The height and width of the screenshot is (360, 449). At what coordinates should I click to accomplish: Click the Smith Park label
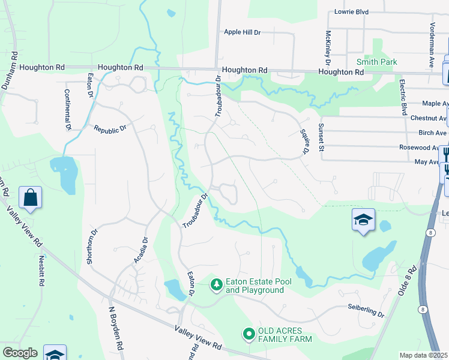(x=376, y=62)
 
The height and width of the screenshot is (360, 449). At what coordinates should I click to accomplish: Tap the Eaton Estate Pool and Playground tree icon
(x=216, y=285)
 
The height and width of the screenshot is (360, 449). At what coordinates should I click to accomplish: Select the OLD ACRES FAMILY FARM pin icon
(x=248, y=334)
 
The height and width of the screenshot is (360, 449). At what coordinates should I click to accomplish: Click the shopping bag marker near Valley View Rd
(x=30, y=197)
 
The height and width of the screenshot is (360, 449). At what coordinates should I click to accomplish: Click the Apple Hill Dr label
(x=243, y=32)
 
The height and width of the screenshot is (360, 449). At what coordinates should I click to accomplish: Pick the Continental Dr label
(x=68, y=110)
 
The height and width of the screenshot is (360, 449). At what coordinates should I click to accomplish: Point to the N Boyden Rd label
(x=116, y=329)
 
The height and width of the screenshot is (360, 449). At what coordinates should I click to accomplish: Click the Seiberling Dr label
(x=366, y=311)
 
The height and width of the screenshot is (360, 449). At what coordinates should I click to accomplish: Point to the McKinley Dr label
(x=328, y=48)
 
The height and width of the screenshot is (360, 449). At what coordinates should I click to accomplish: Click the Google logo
(x=20, y=353)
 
